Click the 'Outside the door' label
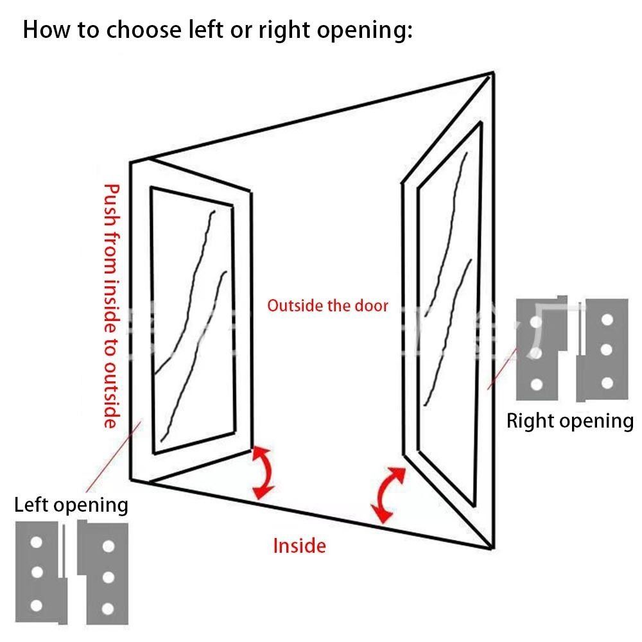pyautogui.click(x=327, y=306)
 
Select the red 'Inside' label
pyautogui.click(x=300, y=546)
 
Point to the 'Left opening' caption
pyautogui.click(x=71, y=505)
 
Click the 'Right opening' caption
pyautogui.click(x=570, y=422)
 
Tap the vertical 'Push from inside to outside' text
pyautogui.click(x=111, y=306)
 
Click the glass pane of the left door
pyautogui.click(x=193, y=320)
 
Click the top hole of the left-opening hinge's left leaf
pyautogui.click(x=37, y=542)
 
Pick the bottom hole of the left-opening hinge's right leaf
pyautogui.click(x=108, y=609)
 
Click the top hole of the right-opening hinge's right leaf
pyautogui.click(x=607, y=319)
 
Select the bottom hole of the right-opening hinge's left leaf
pyautogui.click(x=536, y=385)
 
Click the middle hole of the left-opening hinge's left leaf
pyautogui.click(x=37, y=572)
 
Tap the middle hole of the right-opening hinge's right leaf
pyautogui.click(x=607, y=350)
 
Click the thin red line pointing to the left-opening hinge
pyautogui.click(x=114, y=457)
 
